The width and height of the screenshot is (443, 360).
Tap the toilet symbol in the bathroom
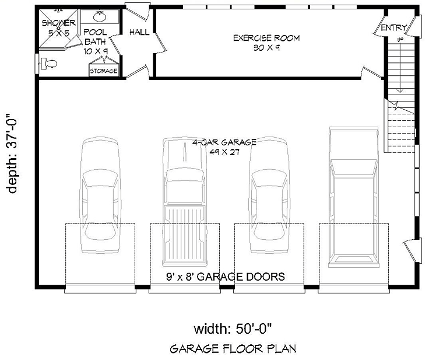(48, 64)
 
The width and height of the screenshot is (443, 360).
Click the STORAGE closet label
(104, 71)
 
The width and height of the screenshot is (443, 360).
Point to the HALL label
(139, 32)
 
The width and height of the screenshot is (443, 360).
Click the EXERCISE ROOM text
(266, 43)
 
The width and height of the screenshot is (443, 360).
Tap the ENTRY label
(394, 28)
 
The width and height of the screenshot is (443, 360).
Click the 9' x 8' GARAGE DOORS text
(217, 277)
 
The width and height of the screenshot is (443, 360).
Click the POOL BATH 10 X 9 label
(96, 41)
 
